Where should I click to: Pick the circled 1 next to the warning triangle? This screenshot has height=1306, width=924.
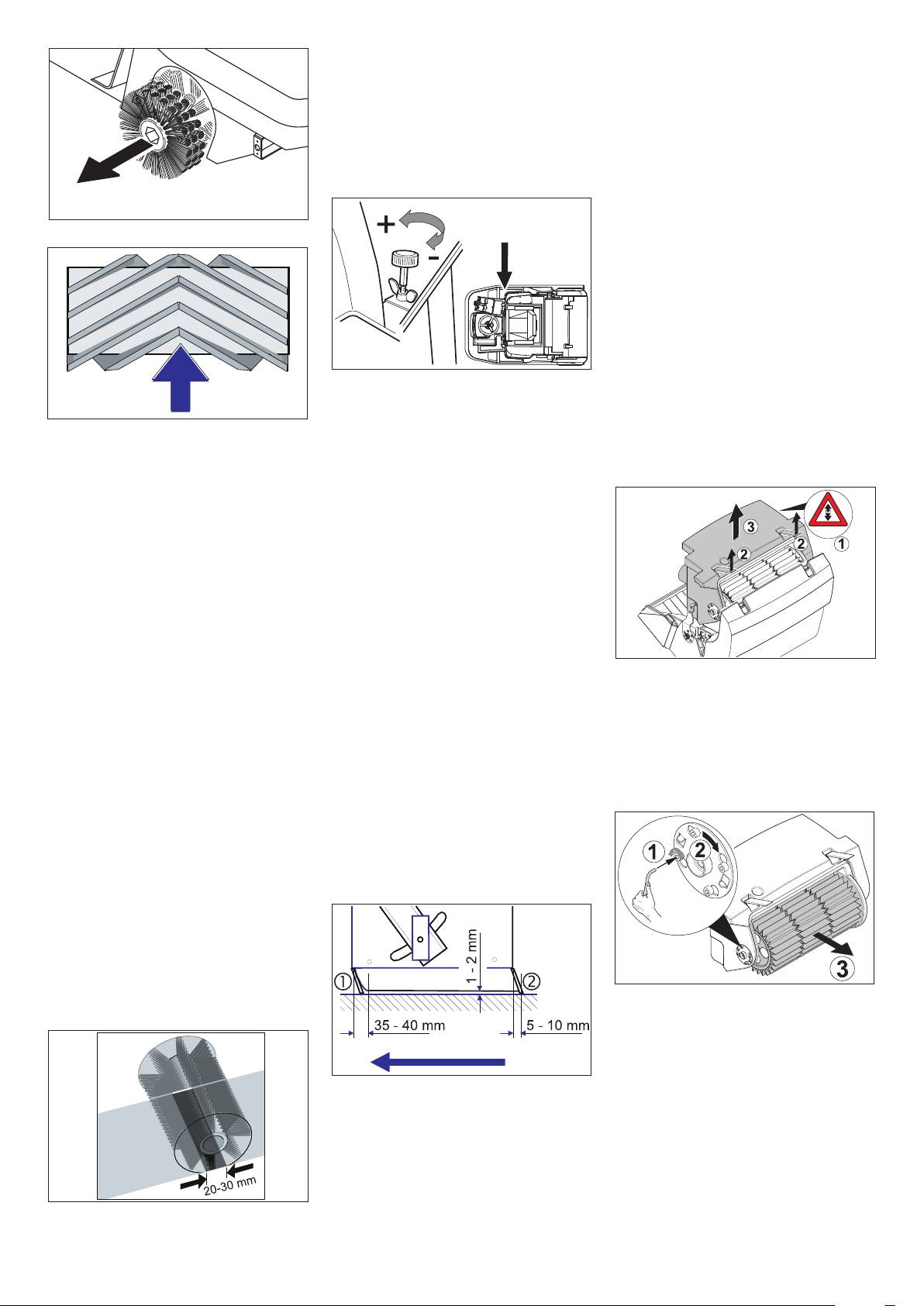842,544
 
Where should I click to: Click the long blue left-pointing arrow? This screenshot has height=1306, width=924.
438,1063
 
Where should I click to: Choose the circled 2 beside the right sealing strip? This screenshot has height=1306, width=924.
533,980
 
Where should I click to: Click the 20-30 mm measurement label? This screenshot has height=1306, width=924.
230,1185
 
